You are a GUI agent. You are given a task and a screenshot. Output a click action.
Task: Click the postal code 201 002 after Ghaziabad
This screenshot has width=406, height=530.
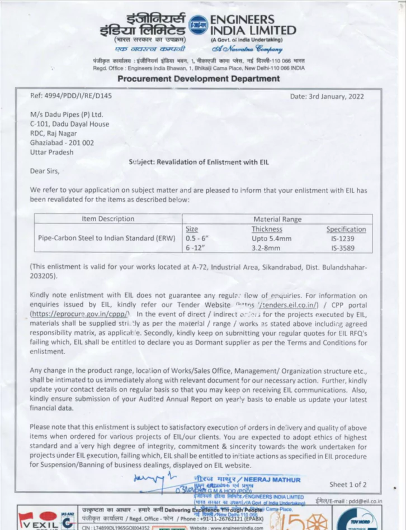pyautogui.click(x=81, y=143)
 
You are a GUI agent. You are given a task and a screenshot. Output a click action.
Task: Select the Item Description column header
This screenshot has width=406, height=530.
pyautogui.click(x=108, y=218)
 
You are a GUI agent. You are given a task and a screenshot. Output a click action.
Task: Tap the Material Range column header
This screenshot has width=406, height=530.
pyautogui.click(x=277, y=219)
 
